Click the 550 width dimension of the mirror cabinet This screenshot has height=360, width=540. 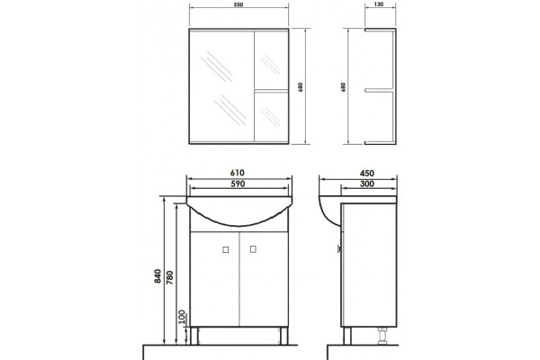point(238,4)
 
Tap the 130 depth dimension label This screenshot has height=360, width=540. point(379,4)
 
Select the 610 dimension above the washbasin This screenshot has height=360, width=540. point(238,173)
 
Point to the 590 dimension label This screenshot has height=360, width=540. point(238,184)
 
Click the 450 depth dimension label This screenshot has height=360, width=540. point(367,174)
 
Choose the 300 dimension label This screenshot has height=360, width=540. point(367,184)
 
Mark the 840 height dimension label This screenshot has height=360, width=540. point(157,276)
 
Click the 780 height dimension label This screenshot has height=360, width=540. point(170,278)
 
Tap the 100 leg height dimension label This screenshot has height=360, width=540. point(182,318)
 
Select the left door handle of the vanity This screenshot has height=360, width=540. point(226,250)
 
